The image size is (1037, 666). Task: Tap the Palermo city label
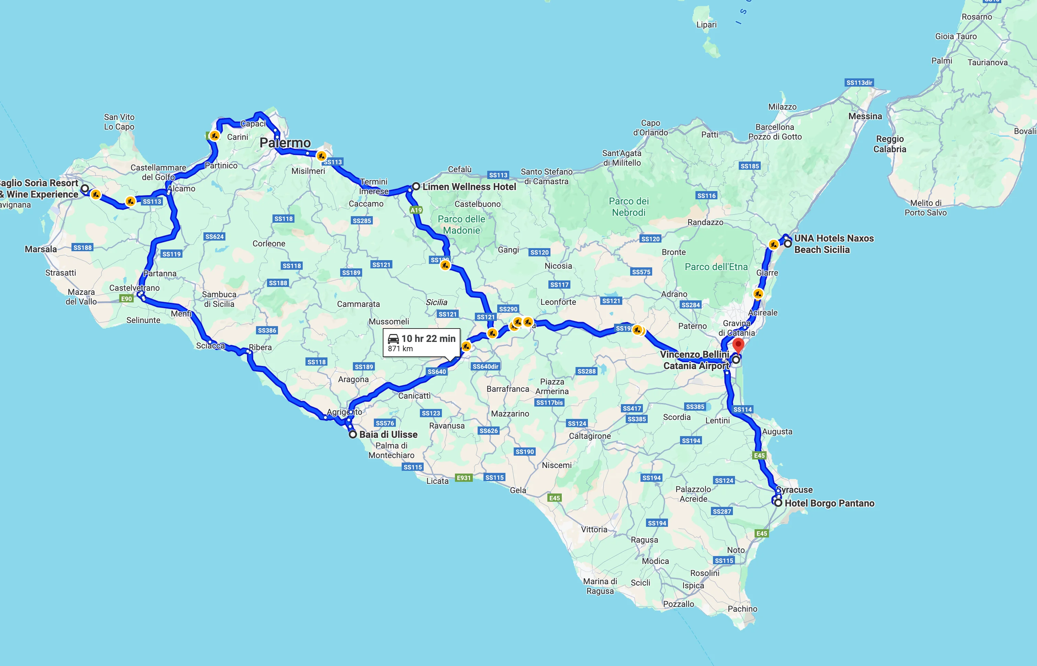pyautogui.click(x=285, y=143)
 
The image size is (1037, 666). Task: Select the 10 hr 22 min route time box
pyautogui.click(x=421, y=343)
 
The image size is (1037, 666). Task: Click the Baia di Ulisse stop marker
pyautogui.click(x=353, y=434)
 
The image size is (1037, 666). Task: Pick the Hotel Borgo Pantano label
pyautogui.click(x=829, y=503)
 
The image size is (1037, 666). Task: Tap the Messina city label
pyautogui.click(x=865, y=116)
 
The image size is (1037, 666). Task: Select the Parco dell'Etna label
pyautogui.click(x=716, y=267)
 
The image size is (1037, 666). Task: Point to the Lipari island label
pyautogui.click(x=706, y=25)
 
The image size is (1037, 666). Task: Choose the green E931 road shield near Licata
pyautogui.click(x=464, y=477)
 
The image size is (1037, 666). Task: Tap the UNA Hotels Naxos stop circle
pyautogui.click(x=788, y=244)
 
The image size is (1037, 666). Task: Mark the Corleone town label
pyautogui.click(x=269, y=244)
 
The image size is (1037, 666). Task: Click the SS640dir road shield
pyautogui.click(x=485, y=366)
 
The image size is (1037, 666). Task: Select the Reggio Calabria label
pyautogui.click(x=890, y=144)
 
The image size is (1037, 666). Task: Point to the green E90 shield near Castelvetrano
pyautogui.click(x=126, y=298)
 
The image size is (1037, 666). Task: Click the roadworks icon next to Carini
pyautogui.click(x=214, y=136)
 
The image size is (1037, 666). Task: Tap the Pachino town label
pyautogui.click(x=742, y=609)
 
